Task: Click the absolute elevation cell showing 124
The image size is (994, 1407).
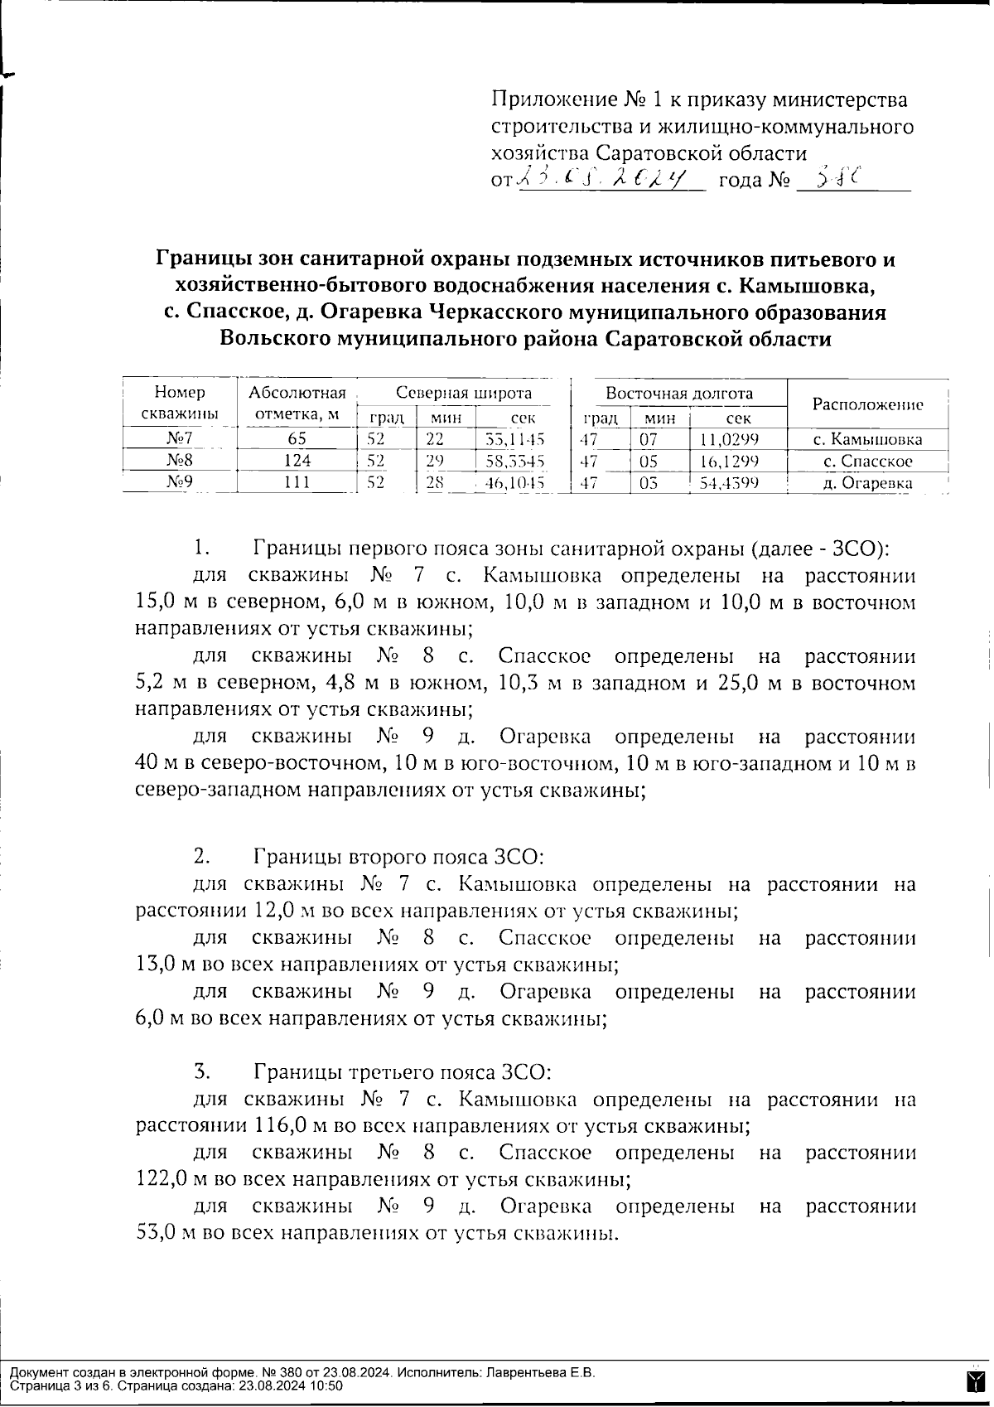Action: point(297,461)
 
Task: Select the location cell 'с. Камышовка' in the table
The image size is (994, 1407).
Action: point(867,440)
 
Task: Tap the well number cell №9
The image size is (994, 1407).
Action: point(179,482)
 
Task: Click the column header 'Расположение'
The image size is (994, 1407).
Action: point(867,404)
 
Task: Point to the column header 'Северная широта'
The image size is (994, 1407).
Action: point(463,393)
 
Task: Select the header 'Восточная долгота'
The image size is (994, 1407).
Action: point(678,393)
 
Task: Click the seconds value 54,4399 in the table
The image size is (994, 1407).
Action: point(729,482)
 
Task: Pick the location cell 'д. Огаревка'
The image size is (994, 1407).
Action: point(867,482)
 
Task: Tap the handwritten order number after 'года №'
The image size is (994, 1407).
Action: point(836,176)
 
